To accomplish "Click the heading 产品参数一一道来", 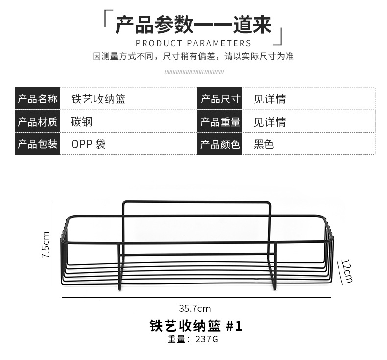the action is pyautogui.click(x=193, y=25).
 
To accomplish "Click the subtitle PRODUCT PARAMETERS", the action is pyautogui.click(x=193, y=43).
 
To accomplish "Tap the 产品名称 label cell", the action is pyautogui.click(x=38, y=99).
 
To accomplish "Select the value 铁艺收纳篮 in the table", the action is pyautogui.click(x=98, y=99).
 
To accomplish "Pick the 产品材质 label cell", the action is pyautogui.click(x=38, y=122).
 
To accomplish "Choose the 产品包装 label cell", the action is pyautogui.click(x=38, y=144).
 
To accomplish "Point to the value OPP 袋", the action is pyautogui.click(x=89, y=144).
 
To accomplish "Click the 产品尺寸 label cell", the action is pyautogui.click(x=220, y=99).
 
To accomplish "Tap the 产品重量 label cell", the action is pyautogui.click(x=220, y=122).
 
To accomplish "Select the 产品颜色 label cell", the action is pyautogui.click(x=220, y=144).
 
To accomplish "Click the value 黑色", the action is pyautogui.click(x=264, y=144).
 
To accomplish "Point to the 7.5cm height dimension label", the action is pyautogui.click(x=46, y=245).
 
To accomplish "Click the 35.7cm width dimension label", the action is pyautogui.click(x=194, y=309).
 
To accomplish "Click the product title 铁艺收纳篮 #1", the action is pyautogui.click(x=195, y=326).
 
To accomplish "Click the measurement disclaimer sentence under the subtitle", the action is pyautogui.click(x=193, y=56).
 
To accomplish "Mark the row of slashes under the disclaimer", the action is pyautogui.click(x=193, y=72).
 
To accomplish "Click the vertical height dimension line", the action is pyautogui.click(x=53, y=244).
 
